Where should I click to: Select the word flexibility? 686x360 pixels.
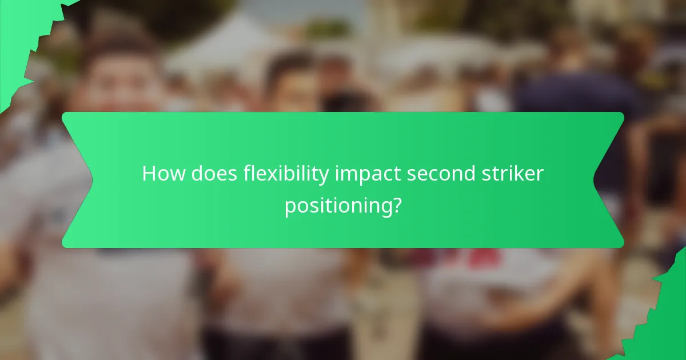[286, 174]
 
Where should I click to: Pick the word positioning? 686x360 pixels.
[337, 206]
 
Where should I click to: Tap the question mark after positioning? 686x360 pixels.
[395, 205]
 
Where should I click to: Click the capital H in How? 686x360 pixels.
[149, 174]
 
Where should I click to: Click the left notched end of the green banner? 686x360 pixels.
[77, 180]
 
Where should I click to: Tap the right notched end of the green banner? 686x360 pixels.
[609, 180]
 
